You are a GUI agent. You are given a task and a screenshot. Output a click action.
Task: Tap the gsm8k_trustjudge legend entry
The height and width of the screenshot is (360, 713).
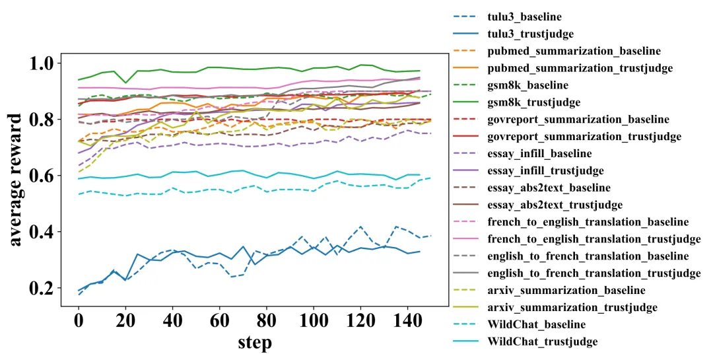pyautogui.click(x=533, y=102)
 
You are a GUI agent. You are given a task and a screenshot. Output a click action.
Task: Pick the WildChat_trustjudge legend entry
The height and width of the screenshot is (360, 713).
pyautogui.click(x=542, y=342)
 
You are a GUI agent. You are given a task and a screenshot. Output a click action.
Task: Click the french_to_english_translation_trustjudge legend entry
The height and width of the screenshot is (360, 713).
pyautogui.click(x=594, y=238)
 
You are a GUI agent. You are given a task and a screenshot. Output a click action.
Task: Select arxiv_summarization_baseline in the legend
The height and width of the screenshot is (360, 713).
pyautogui.click(x=566, y=290)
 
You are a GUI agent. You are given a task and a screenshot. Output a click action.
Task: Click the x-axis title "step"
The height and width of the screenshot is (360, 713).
pyautogui.click(x=254, y=343)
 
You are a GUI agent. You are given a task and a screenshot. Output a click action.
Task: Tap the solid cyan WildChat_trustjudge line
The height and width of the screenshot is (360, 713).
pyautogui.click(x=198, y=175)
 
